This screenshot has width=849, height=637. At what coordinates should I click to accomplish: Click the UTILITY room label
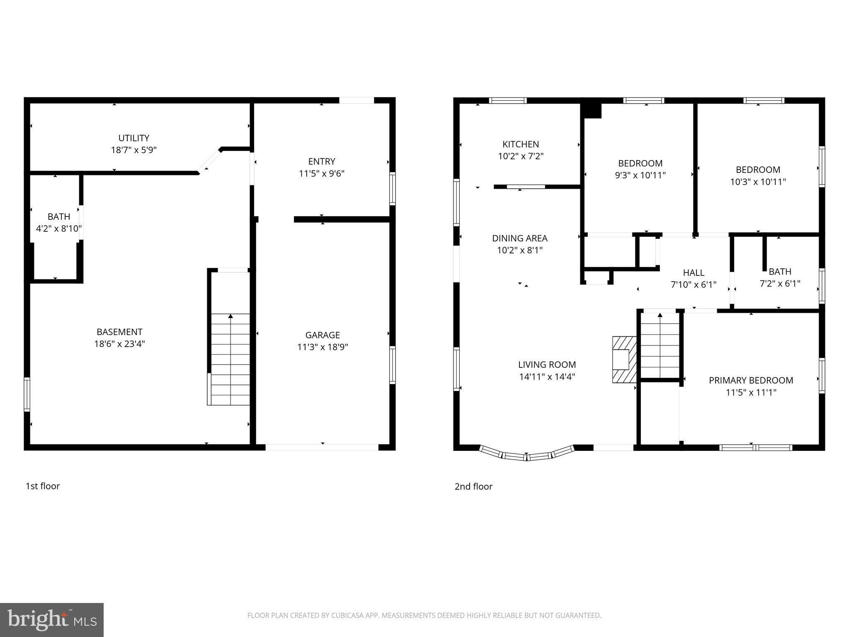[x=133, y=138]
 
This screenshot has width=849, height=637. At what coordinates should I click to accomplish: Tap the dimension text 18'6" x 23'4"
[x=119, y=344]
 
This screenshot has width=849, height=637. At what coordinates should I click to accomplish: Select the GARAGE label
[x=323, y=335]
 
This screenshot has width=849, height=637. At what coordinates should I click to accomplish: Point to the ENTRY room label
[x=322, y=161]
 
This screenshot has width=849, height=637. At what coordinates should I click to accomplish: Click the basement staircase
[x=230, y=359]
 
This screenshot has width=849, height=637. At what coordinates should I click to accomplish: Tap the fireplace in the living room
[x=624, y=359]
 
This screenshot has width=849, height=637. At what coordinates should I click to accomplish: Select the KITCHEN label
[x=521, y=144]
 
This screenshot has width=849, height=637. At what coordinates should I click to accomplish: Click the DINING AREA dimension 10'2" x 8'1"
[x=520, y=250]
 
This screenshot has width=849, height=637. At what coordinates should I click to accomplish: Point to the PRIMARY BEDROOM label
[x=751, y=380]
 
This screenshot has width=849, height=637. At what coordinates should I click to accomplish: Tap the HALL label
[x=694, y=272]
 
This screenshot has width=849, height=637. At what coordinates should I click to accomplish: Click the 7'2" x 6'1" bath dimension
[x=780, y=284]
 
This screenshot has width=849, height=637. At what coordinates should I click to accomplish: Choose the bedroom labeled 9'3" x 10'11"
[x=640, y=169]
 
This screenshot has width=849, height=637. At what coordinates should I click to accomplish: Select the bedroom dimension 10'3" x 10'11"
[x=758, y=182]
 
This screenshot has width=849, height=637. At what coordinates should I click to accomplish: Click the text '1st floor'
[x=43, y=486]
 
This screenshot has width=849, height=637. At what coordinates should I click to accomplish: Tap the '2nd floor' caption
[x=473, y=486]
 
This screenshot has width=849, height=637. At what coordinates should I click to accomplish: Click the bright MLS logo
[x=52, y=620]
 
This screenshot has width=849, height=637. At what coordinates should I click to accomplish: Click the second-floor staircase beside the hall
[x=660, y=346]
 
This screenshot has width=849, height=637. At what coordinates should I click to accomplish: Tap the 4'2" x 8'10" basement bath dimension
[x=59, y=229]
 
